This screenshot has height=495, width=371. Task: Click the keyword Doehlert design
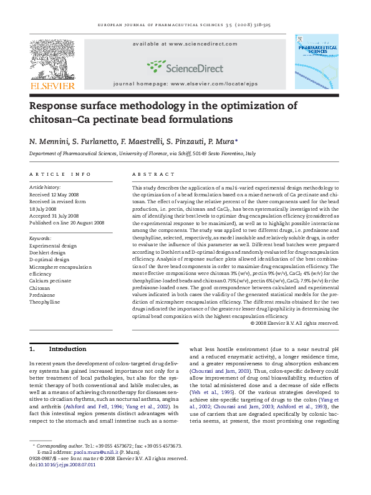pos(47,253)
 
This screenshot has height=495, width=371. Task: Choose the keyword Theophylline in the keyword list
pos(46,301)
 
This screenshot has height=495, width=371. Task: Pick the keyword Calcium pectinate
pos(51,281)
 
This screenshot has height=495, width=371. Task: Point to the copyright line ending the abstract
pos(294,323)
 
